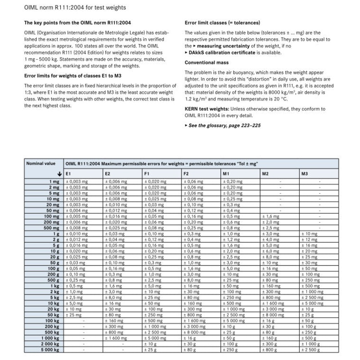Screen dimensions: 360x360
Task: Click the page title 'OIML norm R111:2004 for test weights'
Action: (x=75, y=8)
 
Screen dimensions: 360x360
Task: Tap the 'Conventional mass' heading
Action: (x=207, y=63)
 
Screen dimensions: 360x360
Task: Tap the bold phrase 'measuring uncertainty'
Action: (x=221, y=46)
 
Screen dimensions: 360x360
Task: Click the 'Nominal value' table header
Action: (x=41, y=163)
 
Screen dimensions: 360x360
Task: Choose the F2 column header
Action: (x=186, y=173)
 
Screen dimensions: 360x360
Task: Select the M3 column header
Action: (x=305, y=173)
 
